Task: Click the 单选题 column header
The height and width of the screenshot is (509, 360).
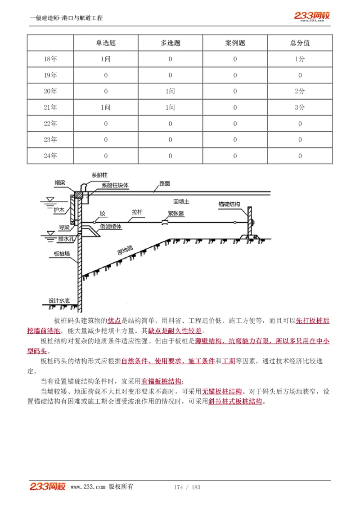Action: point(106,43)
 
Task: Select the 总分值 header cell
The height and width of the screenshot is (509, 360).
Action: point(300,43)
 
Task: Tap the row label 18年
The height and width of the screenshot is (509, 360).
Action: point(50,59)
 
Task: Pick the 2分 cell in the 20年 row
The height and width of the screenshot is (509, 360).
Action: point(300,91)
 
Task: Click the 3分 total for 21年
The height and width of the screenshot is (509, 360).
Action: point(300,107)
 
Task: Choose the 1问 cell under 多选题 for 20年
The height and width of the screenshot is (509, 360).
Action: point(170,91)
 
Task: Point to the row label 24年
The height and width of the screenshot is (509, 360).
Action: point(50,156)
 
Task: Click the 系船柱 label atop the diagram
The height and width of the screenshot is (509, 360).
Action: point(100,175)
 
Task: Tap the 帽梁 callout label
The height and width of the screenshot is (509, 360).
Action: point(60,183)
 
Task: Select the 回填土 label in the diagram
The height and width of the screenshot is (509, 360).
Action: point(181,202)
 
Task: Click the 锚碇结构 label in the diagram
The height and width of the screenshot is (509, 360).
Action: point(229,204)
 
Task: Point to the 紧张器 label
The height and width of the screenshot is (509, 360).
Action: point(176,214)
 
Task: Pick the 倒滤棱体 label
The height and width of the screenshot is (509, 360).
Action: point(111,227)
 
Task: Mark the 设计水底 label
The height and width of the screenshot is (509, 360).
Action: point(59,300)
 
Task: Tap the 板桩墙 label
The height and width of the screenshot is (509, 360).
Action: point(61,254)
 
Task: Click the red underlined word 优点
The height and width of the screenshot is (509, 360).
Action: point(114,321)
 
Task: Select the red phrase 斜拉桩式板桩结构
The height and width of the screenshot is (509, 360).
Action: point(235,402)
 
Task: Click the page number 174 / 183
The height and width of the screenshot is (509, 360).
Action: point(187,487)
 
